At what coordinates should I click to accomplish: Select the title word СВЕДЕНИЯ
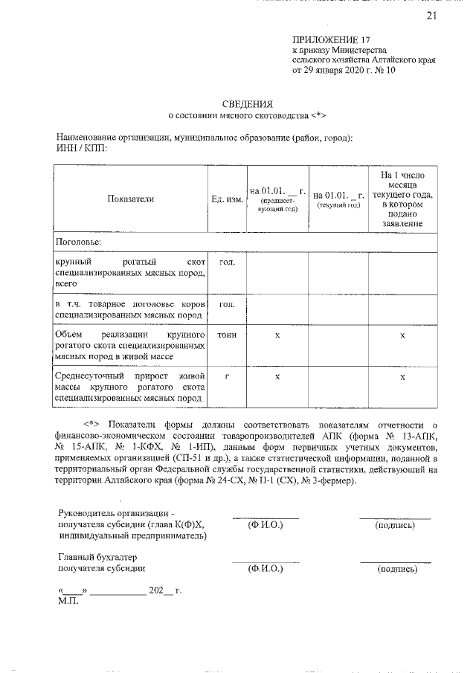[248, 103]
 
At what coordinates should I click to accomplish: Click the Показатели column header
[130, 199]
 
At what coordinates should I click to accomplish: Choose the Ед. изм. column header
[227, 199]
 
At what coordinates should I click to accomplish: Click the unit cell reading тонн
[227, 335]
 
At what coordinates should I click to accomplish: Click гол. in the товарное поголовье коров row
[227, 305]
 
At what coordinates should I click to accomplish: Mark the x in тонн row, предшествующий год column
[277, 336]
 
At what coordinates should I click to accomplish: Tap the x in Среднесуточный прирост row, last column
[402, 378]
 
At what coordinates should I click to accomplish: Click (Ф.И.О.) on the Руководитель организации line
[266, 524]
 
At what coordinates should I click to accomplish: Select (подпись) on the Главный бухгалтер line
[397, 570]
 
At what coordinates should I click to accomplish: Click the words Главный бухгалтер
[97, 557]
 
